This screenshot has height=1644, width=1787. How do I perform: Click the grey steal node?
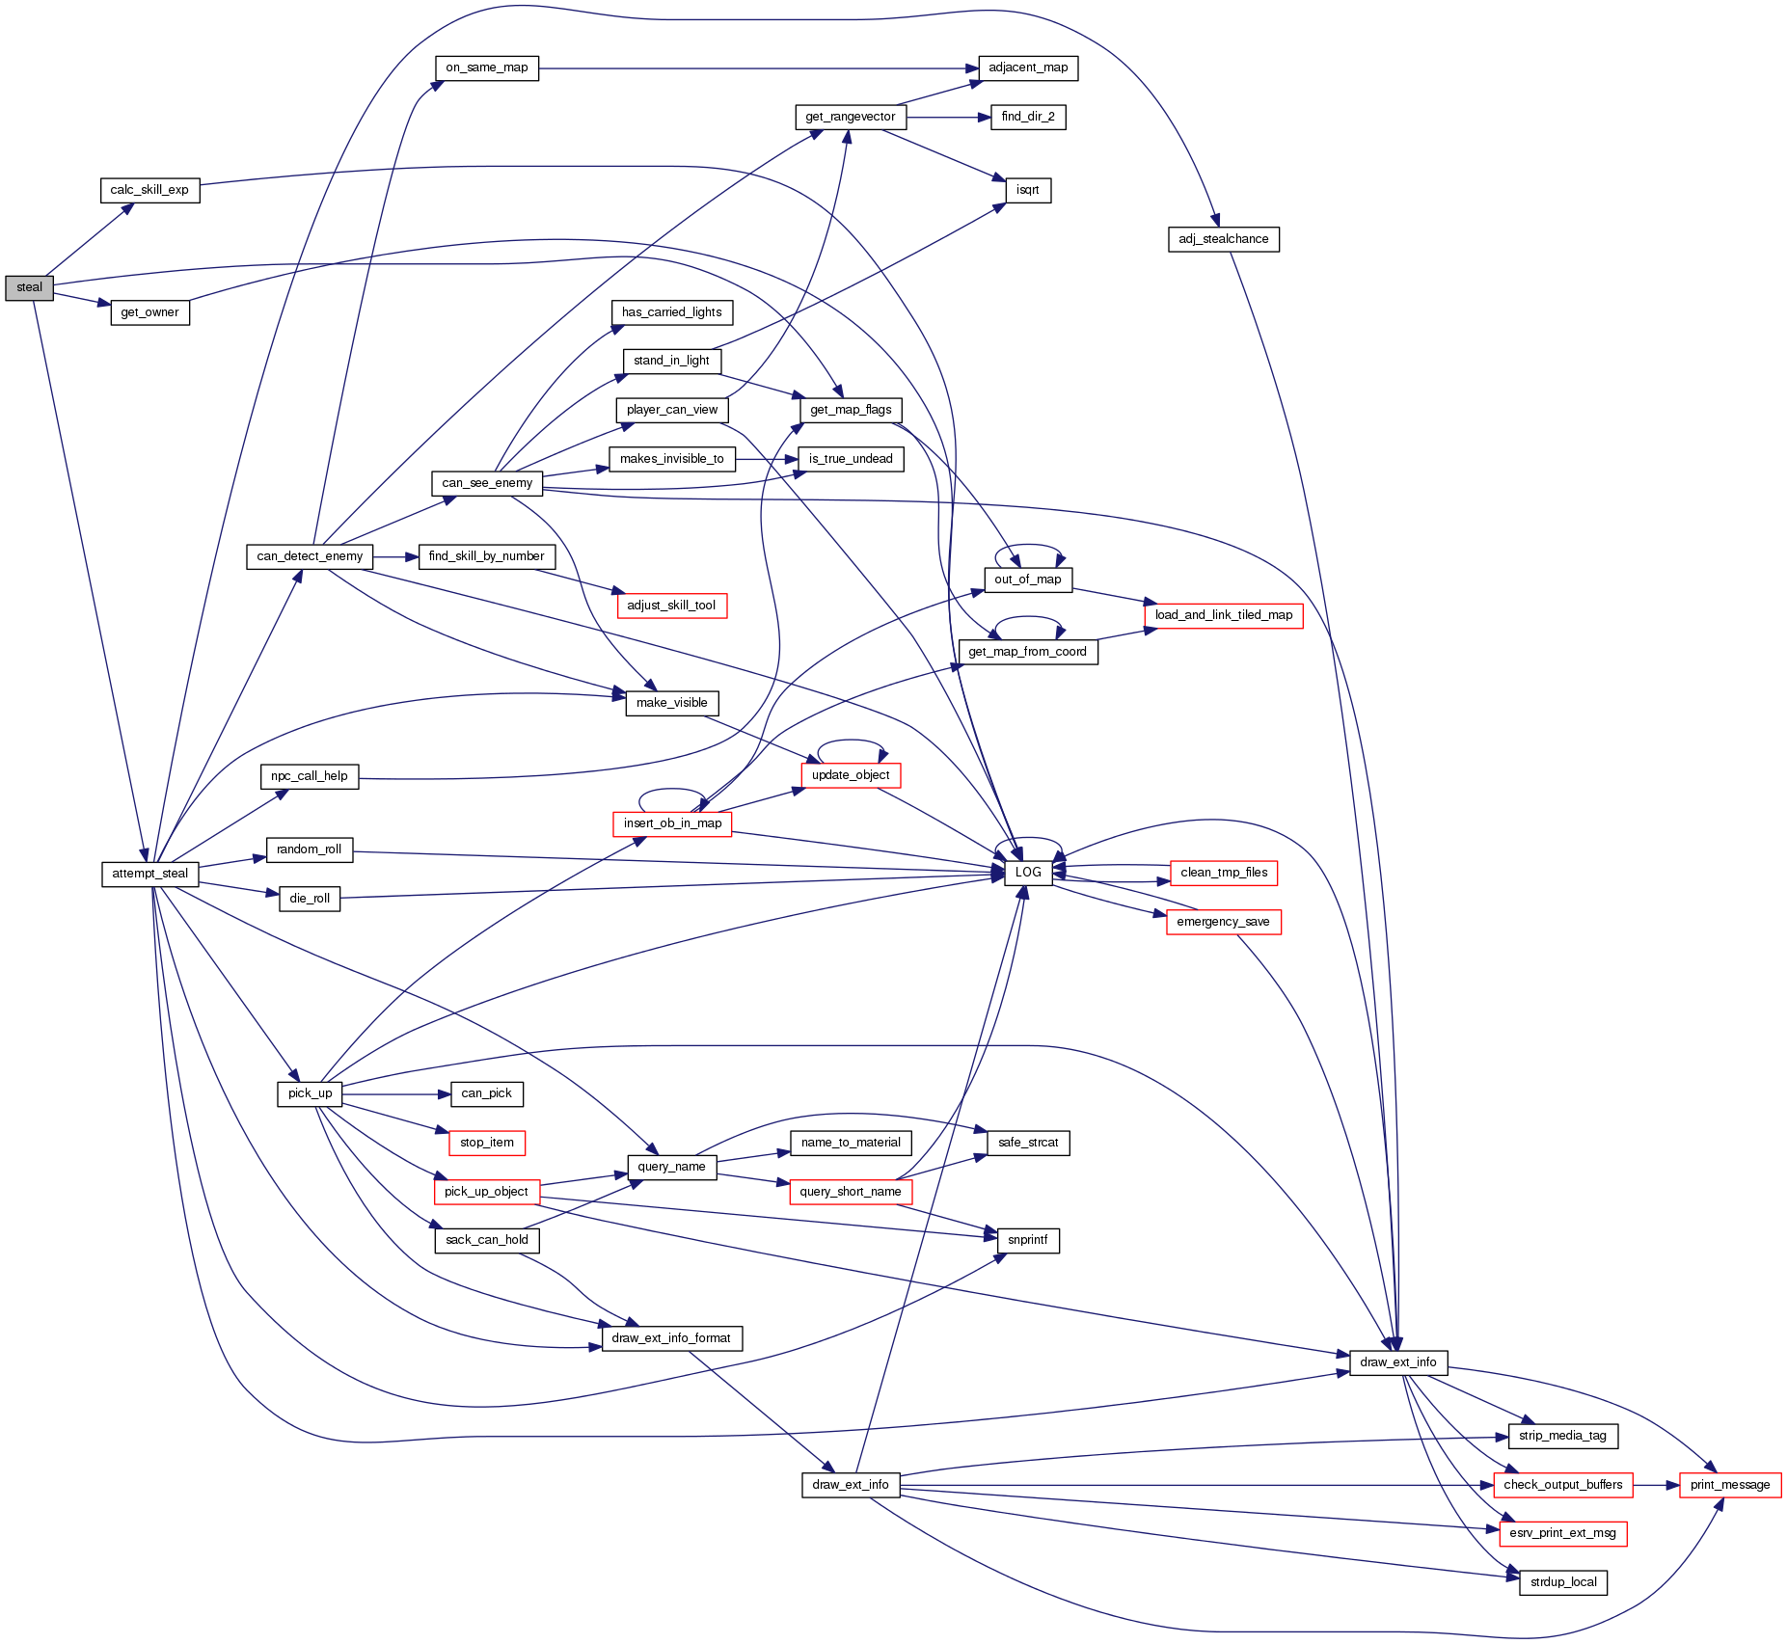click(x=29, y=287)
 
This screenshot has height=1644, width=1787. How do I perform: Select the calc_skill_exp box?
click(x=149, y=190)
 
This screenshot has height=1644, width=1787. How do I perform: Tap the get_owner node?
click(x=149, y=312)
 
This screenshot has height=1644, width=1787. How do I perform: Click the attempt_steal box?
click(x=149, y=874)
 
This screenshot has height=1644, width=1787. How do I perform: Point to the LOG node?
click(x=1028, y=873)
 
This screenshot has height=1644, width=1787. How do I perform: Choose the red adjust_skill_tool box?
click(x=671, y=606)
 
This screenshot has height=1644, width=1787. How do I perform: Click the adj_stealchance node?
click(x=1223, y=239)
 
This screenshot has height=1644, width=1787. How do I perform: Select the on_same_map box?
click(x=486, y=67)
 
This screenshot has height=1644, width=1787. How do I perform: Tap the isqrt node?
click(x=1028, y=190)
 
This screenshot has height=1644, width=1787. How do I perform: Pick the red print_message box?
click(x=1730, y=1485)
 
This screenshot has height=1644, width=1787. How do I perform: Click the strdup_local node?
click(x=1562, y=1582)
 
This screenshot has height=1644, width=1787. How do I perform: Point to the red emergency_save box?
click(x=1223, y=922)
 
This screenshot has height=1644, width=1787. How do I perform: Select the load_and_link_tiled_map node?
click(x=1223, y=615)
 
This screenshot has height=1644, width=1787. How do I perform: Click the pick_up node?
click(x=310, y=1093)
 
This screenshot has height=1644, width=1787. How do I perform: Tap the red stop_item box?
click(x=486, y=1143)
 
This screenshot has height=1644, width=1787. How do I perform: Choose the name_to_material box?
click(x=850, y=1143)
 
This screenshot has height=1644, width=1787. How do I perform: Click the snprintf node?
click(x=1028, y=1240)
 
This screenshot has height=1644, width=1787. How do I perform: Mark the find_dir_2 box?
click(x=1028, y=117)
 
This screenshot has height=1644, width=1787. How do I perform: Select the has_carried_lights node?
click(x=671, y=312)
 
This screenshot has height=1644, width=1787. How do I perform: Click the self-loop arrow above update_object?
click(x=851, y=741)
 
